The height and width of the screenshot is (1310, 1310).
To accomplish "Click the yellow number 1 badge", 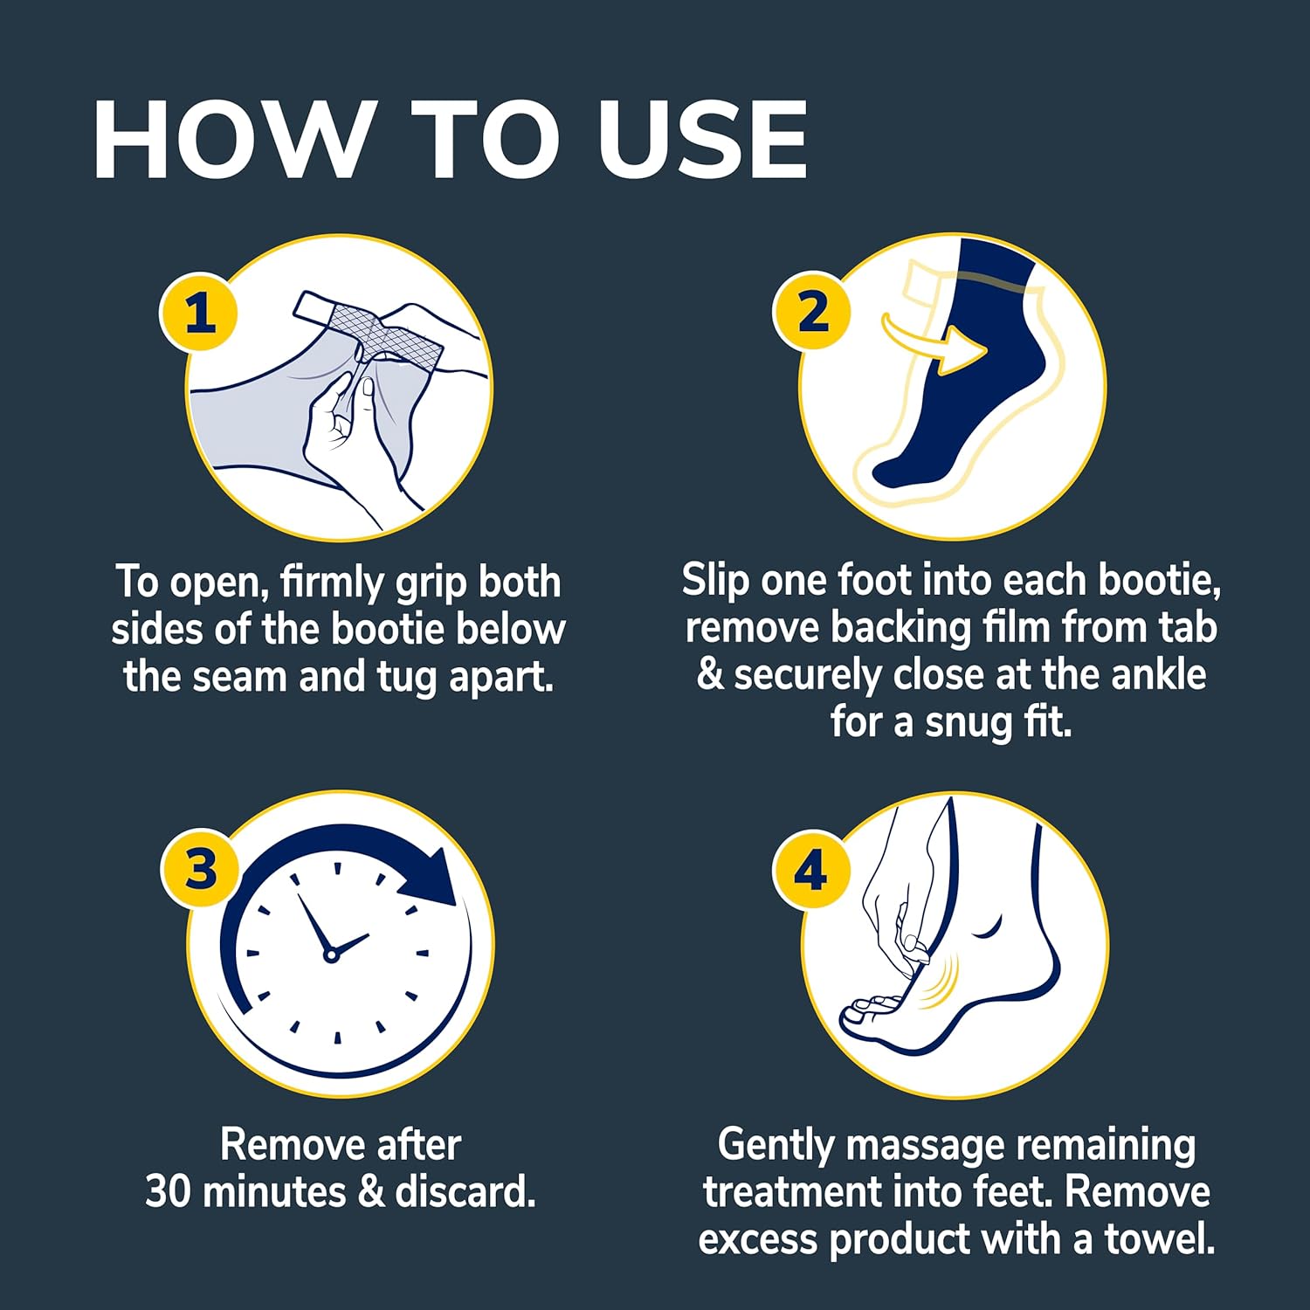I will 199,313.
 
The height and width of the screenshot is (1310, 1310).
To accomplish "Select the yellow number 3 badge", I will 201,870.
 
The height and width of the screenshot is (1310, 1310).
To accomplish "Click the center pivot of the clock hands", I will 330,955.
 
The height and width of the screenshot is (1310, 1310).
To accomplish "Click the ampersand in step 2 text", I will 710,676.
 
